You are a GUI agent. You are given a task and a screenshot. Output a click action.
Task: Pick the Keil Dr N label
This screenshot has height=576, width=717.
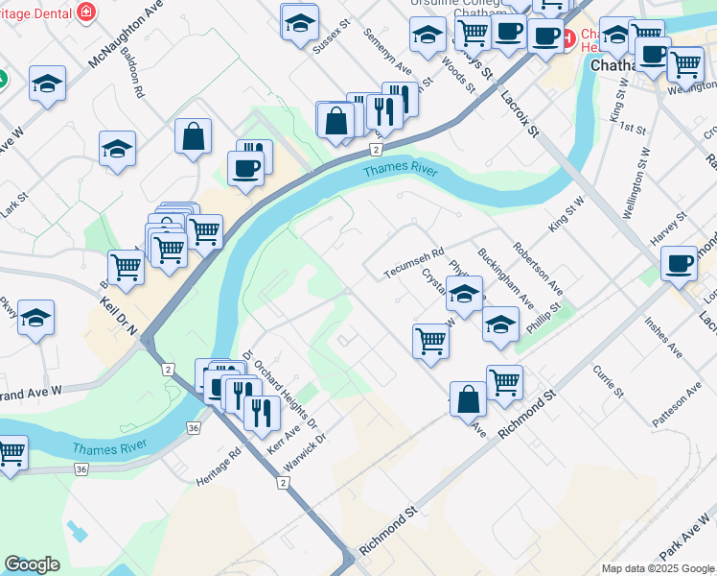tap(119, 315)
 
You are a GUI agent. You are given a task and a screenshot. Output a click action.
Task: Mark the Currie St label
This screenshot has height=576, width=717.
tap(609, 380)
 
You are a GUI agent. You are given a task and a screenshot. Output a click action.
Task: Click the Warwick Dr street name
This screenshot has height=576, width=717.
tap(306, 451)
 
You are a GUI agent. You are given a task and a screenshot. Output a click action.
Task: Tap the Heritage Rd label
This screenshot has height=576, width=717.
tap(219, 467)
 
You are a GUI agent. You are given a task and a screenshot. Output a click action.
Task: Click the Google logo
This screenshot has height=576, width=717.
tap(32, 564)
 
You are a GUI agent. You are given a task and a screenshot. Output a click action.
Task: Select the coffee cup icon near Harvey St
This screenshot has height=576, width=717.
tap(680, 262)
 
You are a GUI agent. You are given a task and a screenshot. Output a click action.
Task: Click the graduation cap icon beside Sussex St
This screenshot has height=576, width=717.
tap(300, 21)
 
